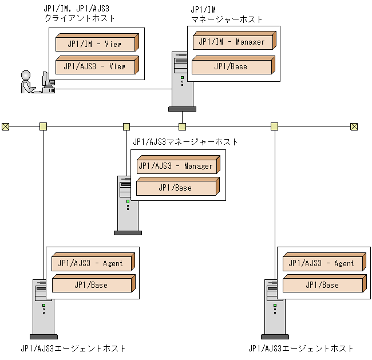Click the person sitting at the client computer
(27, 82)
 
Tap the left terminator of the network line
(6, 126)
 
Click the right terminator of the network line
(354, 126)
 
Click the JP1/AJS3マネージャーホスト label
(185, 141)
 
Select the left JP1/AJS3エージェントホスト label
(73, 348)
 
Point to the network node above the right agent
(275, 126)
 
